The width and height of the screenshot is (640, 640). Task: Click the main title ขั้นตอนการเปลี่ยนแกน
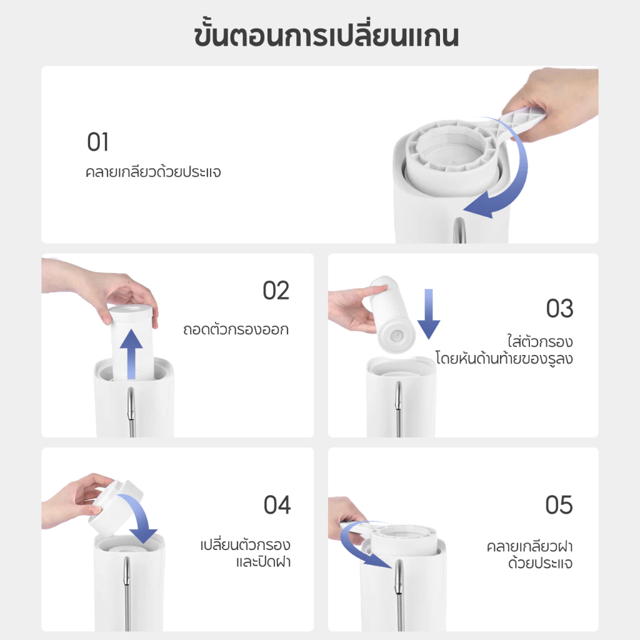[326, 35]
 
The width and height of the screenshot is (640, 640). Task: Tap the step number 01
[98, 142]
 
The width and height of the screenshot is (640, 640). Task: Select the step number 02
[276, 291]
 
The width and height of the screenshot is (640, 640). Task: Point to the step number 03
[559, 309]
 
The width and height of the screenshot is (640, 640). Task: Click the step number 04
[277, 505]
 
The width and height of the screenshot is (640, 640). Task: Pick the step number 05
[559, 505]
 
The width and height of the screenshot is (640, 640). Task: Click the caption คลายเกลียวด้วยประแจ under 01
[153, 172]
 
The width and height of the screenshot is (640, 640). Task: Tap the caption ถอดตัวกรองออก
[236, 329]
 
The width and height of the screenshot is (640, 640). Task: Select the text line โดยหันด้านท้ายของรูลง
[504, 358]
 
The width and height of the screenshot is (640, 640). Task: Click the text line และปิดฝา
[263, 562]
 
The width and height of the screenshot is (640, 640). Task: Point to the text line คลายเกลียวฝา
[530, 546]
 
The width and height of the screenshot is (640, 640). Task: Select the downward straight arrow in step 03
[429, 314]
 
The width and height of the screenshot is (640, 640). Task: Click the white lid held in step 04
[116, 507]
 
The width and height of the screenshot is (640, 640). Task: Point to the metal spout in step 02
[131, 412]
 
